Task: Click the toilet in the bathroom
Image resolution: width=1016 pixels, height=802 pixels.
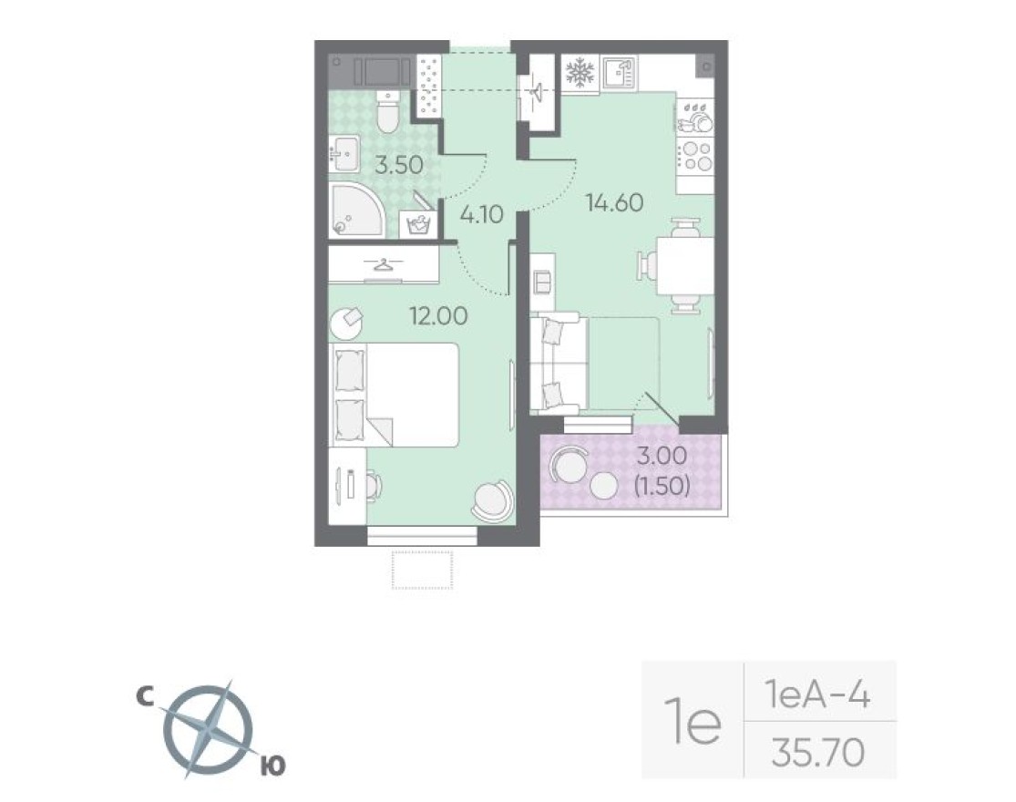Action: [x=385, y=116]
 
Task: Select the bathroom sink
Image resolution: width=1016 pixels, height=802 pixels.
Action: [x=344, y=154]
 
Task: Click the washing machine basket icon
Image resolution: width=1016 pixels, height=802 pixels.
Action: [x=418, y=223]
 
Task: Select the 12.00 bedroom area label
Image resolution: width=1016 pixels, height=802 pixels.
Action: [x=438, y=315]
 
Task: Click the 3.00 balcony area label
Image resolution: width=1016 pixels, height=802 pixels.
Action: [x=662, y=458]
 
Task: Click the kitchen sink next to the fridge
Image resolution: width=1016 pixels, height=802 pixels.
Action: [x=620, y=73]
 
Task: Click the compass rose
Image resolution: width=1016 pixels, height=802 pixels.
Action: [x=209, y=730]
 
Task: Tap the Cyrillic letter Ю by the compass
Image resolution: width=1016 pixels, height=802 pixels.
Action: [x=272, y=766]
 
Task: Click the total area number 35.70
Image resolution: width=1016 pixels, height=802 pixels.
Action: [x=817, y=754]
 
